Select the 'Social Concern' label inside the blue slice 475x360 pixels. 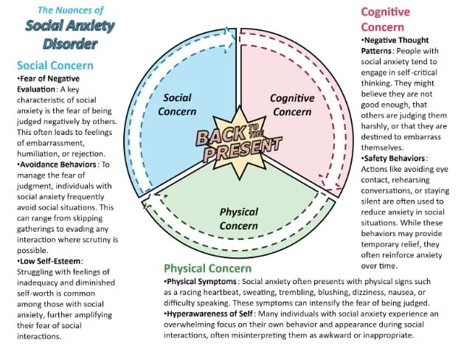tap(177, 104)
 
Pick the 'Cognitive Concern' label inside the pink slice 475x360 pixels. tap(292, 104)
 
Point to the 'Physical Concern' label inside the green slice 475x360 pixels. tap(238, 218)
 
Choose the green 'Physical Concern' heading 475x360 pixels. tap(207, 269)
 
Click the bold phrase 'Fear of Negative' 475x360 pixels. tap(48, 78)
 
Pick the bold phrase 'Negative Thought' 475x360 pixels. tap(397, 40)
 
